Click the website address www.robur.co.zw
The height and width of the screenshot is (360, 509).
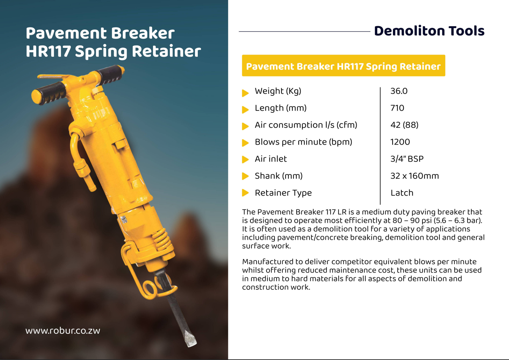[63, 331]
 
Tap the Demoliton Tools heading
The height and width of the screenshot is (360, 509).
[429, 31]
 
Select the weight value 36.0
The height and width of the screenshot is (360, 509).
[399, 91]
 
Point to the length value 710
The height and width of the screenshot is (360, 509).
[397, 108]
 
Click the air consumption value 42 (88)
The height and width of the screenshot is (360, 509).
[404, 125]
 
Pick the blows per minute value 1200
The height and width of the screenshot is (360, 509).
[400, 142]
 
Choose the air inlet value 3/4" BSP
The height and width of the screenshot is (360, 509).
[407, 159]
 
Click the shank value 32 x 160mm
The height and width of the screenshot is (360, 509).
[414, 176]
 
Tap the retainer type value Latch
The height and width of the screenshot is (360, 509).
[402, 193]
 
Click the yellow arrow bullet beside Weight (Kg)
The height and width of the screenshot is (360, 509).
[245, 93]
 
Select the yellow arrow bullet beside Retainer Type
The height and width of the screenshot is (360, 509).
[245, 193]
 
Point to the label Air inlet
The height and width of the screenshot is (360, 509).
[271, 159]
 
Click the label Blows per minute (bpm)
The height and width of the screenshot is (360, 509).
[303, 142]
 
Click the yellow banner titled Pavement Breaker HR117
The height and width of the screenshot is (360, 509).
[343, 66]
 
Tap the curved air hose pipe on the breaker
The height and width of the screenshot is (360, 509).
[75, 148]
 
